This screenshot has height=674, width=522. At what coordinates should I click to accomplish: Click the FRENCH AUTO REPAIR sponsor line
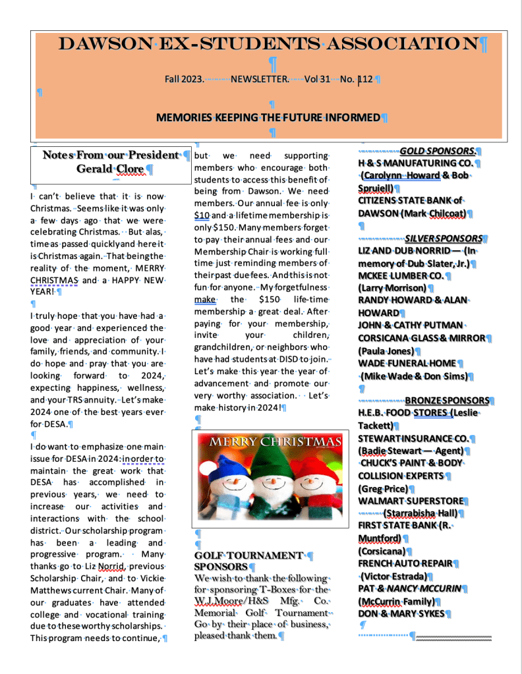(x=405, y=563)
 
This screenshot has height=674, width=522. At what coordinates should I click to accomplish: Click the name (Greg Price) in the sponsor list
(x=382, y=489)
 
